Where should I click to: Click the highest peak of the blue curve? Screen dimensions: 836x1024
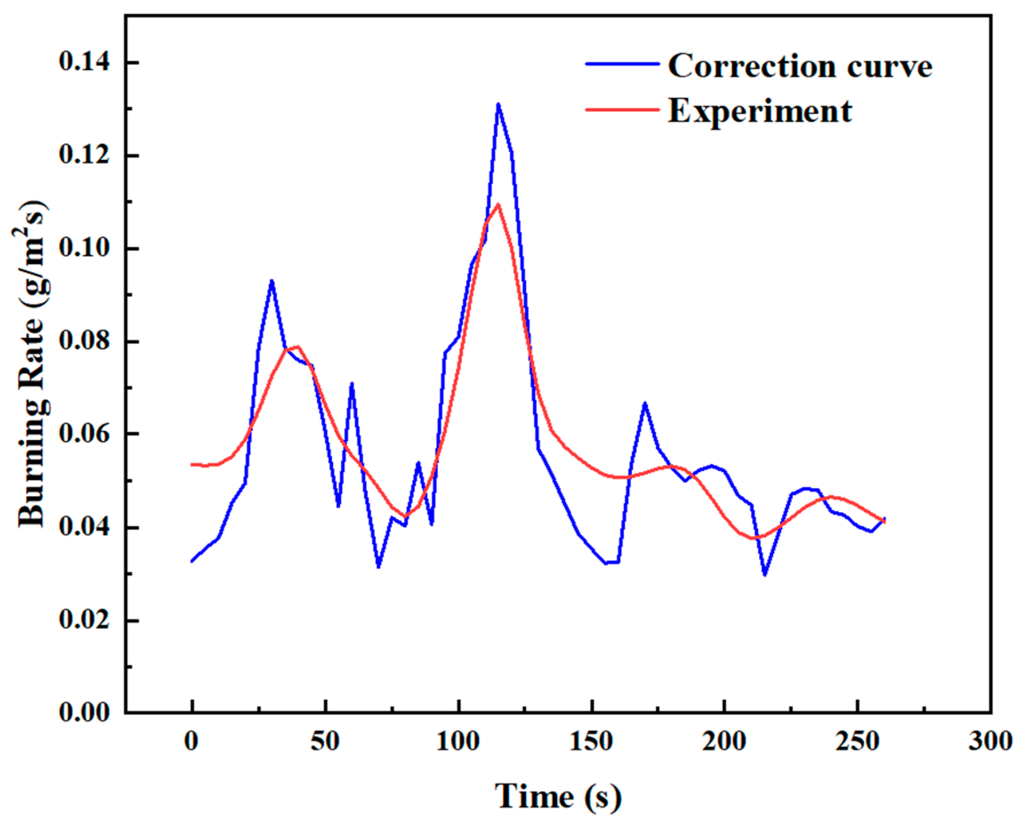[x=498, y=104]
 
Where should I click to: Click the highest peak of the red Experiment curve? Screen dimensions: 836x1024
[x=498, y=204]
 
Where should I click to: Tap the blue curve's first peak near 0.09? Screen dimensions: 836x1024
[x=272, y=281]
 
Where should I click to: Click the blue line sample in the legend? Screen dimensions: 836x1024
[x=621, y=64]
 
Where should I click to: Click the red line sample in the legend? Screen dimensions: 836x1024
[x=621, y=109]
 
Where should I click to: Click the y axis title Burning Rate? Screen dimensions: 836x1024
[x=33, y=366]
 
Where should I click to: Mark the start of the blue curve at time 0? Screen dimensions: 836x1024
[x=192, y=561]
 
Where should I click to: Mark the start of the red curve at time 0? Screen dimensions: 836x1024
[x=192, y=465]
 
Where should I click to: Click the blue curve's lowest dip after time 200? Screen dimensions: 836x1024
[x=765, y=575]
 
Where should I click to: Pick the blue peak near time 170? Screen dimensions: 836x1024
[x=645, y=403]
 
